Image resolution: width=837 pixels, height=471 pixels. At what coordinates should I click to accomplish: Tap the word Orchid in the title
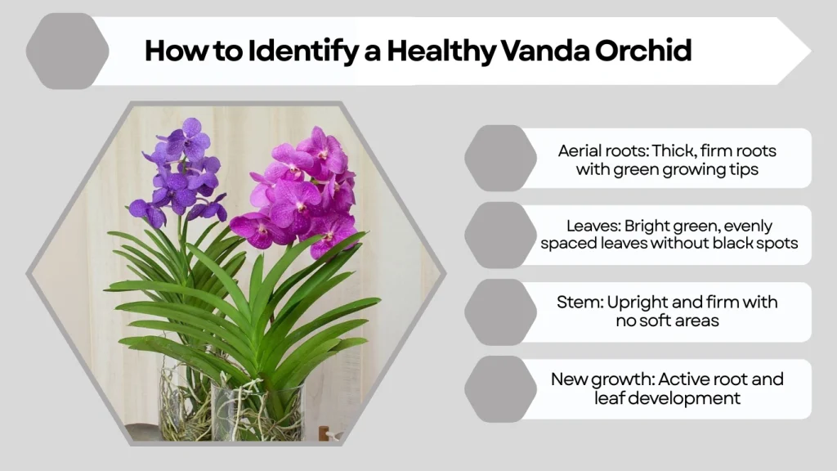pyautogui.click(x=646, y=51)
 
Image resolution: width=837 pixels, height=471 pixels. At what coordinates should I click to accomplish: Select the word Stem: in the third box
pyautogui.click(x=580, y=303)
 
